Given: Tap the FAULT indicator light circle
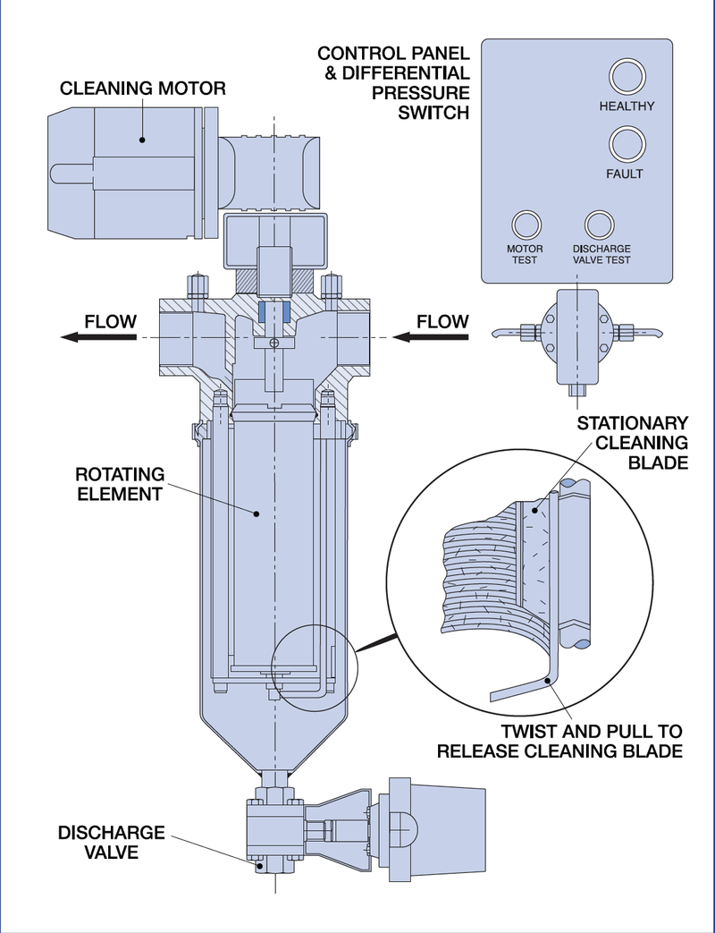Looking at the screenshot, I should point(626,143).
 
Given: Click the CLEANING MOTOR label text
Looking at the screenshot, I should point(143,89).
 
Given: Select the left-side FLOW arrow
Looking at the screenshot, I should point(98,337).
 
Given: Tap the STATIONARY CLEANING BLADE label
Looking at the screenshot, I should point(633,442).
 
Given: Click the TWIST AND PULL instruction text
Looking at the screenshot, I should point(559,741).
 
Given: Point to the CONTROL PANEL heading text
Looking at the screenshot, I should point(393,82).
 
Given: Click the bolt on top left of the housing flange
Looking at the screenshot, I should point(196,285).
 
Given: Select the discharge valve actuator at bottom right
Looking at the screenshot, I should point(433,823).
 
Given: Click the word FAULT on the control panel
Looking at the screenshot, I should point(625,174).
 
